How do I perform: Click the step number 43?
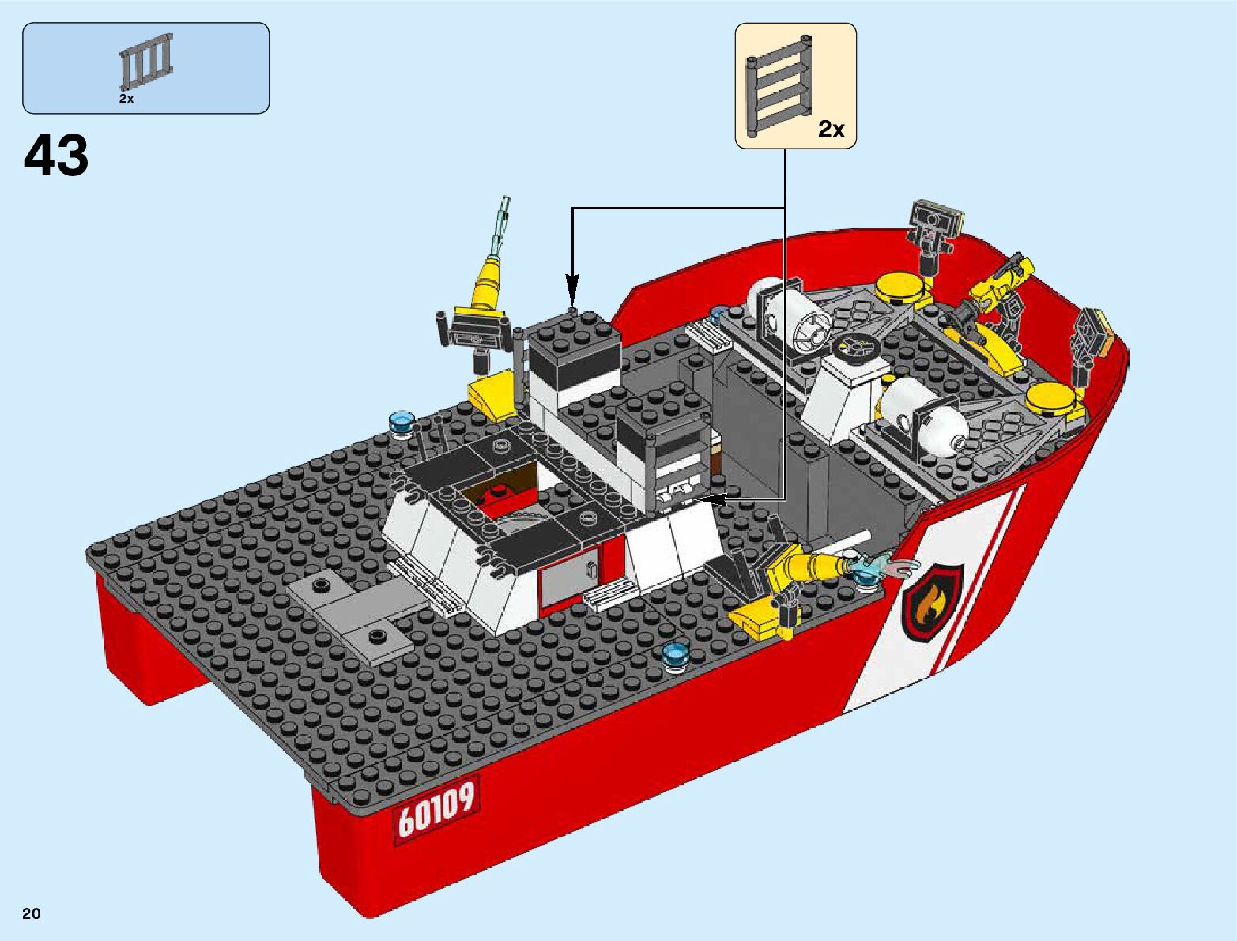click(x=56, y=155)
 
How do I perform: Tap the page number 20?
click(x=32, y=913)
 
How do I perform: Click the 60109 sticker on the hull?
click(x=436, y=811)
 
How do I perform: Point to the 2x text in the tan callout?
click(x=832, y=130)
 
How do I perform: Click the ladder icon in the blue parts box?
click(x=146, y=62)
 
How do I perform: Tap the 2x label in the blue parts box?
click(x=126, y=99)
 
